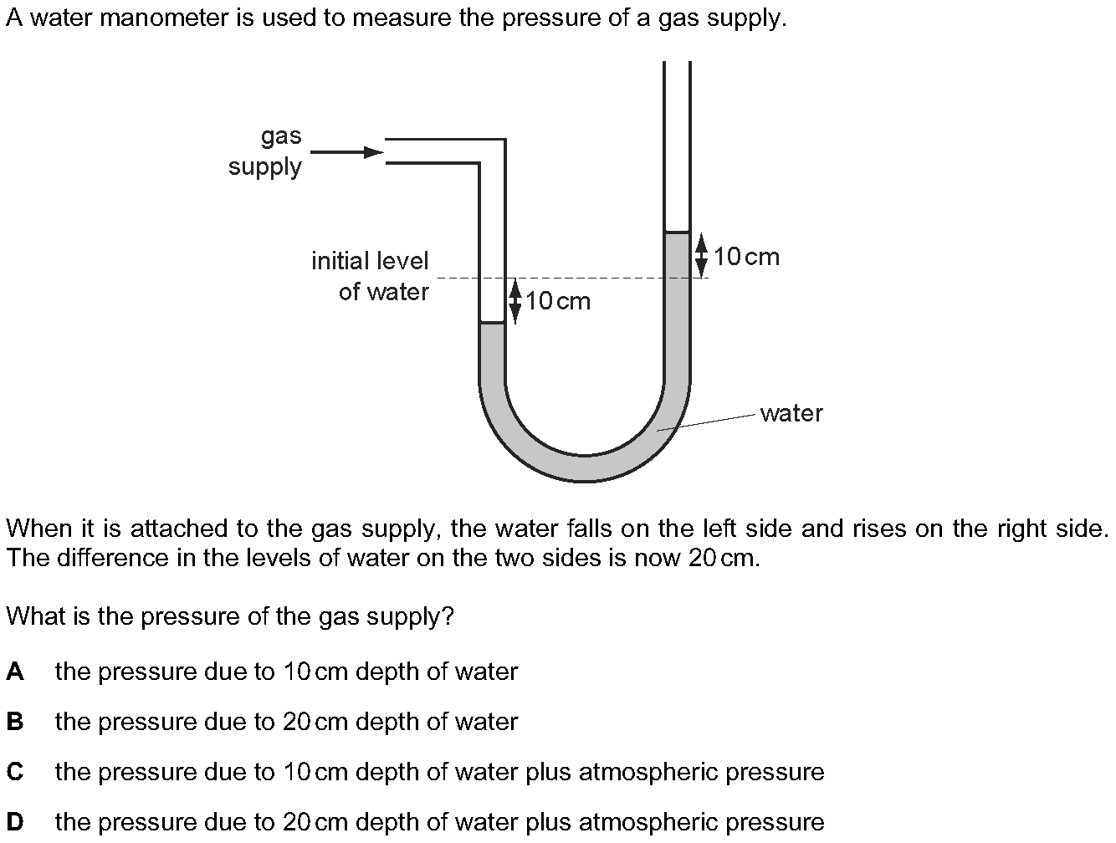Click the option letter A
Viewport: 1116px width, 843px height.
(x=14, y=672)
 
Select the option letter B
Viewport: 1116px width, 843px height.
(x=14, y=722)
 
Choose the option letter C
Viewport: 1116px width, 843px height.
(x=14, y=772)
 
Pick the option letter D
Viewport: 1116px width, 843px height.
(x=14, y=822)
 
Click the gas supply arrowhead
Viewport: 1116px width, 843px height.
(x=373, y=152)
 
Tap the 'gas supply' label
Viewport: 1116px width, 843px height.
(x=266, y=151)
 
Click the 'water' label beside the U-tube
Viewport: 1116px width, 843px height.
(x=791, y=413)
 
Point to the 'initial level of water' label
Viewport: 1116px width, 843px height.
(x=371, y=276)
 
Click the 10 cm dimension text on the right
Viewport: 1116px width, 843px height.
(x=746, y=257)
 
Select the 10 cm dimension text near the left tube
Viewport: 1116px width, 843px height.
(x=558, y=301)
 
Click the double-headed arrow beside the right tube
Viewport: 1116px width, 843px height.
(x=701, y=254)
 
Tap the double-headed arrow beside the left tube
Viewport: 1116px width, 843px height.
(x=515, y=300)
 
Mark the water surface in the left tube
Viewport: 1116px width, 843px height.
(x=493, y=323)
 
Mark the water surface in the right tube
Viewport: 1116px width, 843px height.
(x=677, y=232)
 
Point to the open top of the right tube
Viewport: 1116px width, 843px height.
(x=677, y=64)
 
